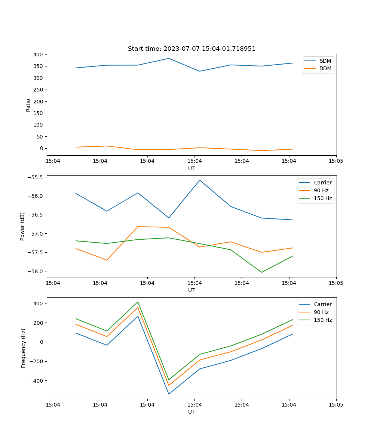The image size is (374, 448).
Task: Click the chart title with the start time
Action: pos(191,49)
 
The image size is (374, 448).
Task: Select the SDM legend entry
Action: pos(325,61)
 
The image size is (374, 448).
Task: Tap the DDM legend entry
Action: pos(325,68)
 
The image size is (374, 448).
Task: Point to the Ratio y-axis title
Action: pos(28,105)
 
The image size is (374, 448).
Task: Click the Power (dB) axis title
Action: pos(22,226)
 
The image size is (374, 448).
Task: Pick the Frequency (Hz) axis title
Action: pos(24,348)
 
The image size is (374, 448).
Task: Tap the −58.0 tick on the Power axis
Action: pos(36,271)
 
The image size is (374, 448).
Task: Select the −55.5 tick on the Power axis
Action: pos(36,177)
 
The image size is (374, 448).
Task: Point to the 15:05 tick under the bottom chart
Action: pos(336,404)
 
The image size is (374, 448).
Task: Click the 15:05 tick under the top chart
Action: pos(336,161)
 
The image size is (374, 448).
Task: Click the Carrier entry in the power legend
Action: pos(322,183)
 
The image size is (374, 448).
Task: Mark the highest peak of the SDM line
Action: pos(169,58)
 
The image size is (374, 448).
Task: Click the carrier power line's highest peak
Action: pos(200,180)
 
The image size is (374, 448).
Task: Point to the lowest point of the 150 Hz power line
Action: pos(261,272)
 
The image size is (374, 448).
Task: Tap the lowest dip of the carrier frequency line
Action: pos(169,394)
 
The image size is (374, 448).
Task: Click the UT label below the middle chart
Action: pos(191,290)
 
